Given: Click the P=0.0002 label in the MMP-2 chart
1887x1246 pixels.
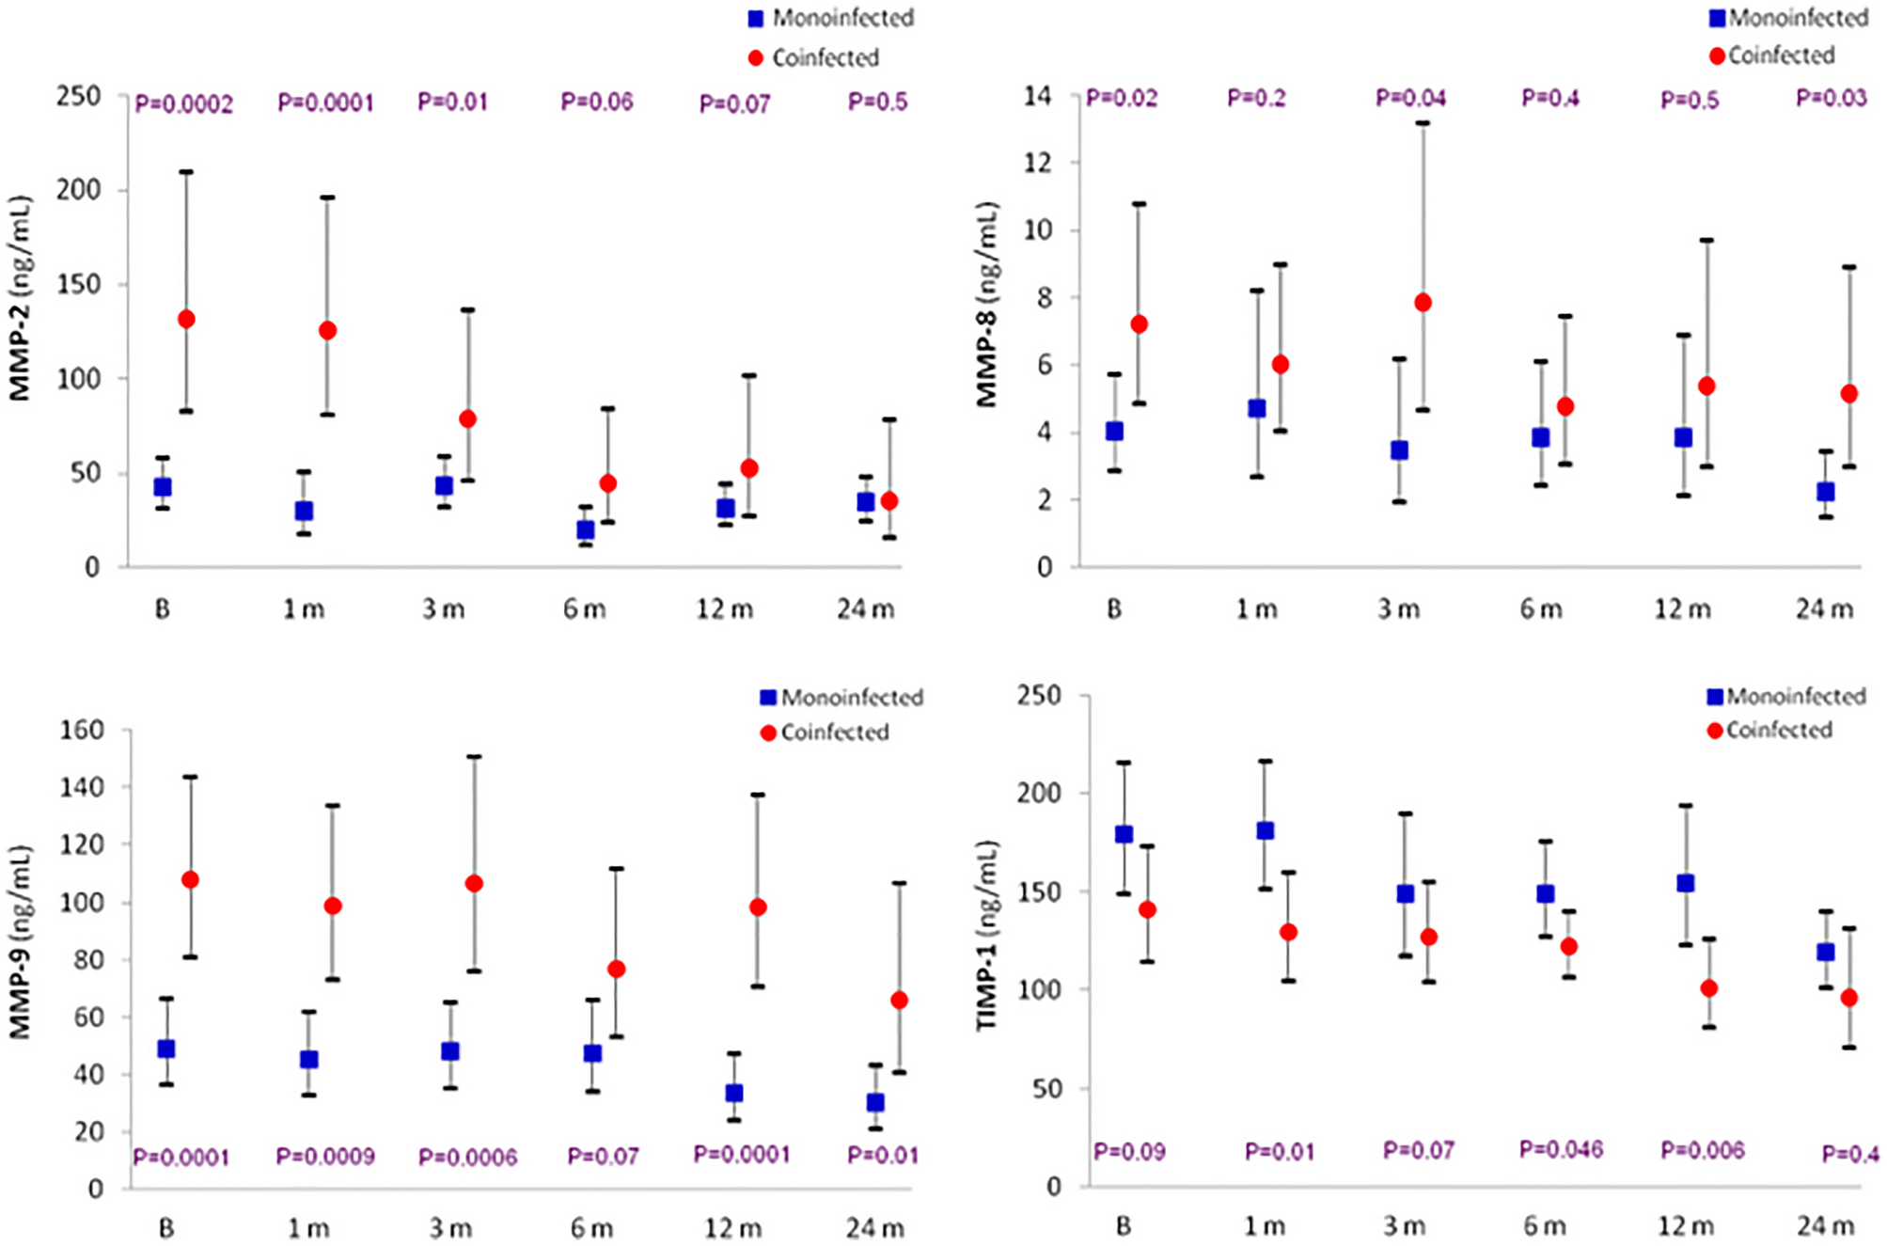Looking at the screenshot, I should point(183,103).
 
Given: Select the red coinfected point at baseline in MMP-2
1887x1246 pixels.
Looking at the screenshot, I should point(186,320).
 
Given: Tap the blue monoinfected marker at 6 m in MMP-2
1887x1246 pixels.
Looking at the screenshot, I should point(585,530).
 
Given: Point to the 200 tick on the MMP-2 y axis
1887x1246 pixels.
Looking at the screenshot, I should point(79,190).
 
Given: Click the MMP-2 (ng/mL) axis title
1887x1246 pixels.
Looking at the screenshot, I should point(21,299).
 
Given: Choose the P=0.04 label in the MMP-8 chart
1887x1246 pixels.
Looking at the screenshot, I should point(1410,99).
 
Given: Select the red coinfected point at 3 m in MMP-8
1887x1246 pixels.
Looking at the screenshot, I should point(1423,303).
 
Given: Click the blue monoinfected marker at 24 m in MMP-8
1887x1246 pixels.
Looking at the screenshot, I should point(1825,492).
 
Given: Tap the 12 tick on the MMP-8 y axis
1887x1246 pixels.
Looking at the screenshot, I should point(1038,163).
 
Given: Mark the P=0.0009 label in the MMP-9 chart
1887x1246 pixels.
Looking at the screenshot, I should point(325,1157).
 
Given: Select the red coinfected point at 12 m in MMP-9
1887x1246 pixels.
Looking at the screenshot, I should point(758,907).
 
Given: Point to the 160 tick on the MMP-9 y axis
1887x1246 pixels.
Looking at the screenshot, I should point(82,731).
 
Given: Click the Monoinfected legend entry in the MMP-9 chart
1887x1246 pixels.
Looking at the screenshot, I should point(841,698).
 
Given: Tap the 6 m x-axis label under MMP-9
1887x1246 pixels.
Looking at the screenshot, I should point(591,1228).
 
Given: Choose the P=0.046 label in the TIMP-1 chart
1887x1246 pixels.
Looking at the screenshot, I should point(1562,1150).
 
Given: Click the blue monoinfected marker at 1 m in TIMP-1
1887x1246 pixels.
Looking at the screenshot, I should point(1266,831).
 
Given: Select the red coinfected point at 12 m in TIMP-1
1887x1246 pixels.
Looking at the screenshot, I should point(1708,988).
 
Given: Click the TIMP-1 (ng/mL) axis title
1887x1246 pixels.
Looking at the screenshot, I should point(986,936).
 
